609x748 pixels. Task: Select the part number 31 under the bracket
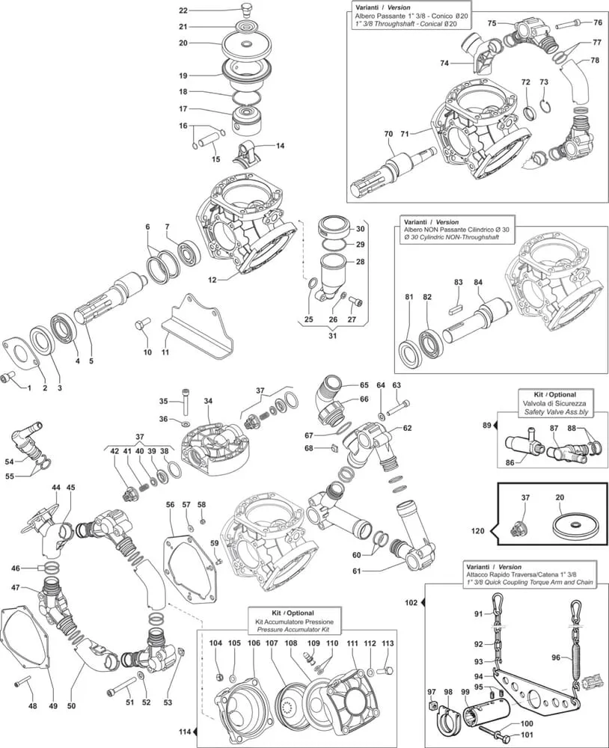(x=333, y=336)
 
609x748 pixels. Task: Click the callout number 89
(x=486, y=425)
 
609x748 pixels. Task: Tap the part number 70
(x=388, y=134)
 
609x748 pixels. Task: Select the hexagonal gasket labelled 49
(x=26, y=643)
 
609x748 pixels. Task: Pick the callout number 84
(x=478, y=282)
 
